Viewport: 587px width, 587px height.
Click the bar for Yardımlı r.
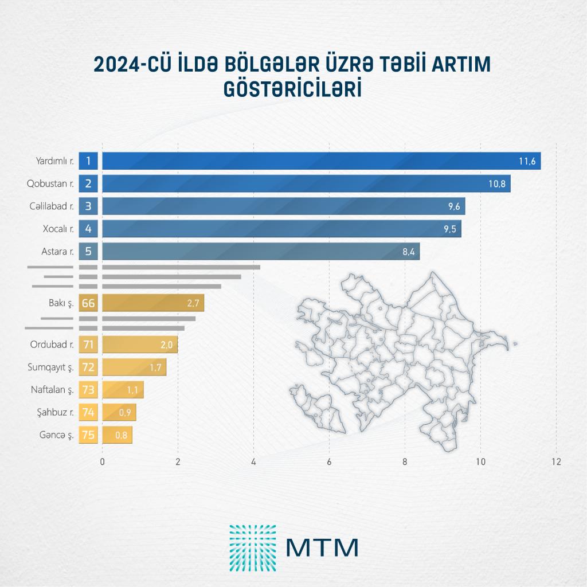[321, 161]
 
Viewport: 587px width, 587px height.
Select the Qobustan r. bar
[306, 183]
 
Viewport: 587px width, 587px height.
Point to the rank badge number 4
[88, 229]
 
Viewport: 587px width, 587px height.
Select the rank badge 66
[88, 303]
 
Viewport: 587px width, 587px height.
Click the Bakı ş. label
[60, 303]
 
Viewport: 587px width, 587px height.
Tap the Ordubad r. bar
[140, 345]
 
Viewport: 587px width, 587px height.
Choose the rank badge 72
[88, 367]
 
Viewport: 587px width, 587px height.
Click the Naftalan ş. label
[52, 390]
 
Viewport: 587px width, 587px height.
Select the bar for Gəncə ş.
[117, 435]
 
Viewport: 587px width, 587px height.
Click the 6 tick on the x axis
[330, 461]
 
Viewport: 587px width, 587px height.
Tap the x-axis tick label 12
[555, 461]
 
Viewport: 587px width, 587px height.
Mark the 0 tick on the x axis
[102, 461]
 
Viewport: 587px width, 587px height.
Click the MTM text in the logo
[322, 547]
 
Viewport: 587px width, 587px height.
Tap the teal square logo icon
[253, 547]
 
